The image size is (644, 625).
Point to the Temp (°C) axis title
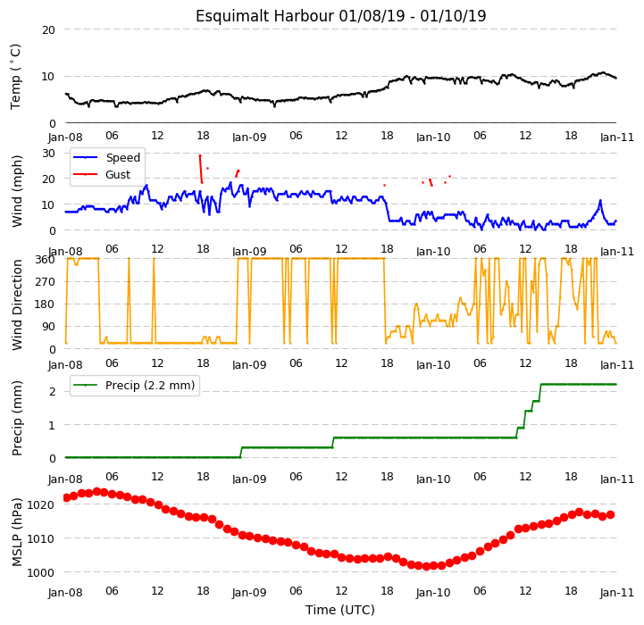pyautogui.click(x=15, y=77)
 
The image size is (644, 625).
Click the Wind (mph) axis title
pyautogui.click(x=16, y=191)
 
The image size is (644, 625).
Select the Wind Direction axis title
pyautogui.click(x=16, y=304)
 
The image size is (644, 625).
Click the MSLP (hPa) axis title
pyautogui.click(x=16, y=532)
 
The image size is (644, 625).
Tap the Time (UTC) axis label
pyautogui.click(x=340, y=610)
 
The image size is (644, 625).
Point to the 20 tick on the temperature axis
pyautogui.click(x=48, y=30)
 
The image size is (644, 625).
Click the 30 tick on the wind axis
pyautogui.click(x=48, y=154)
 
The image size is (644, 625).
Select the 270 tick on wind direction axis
pyautogui.click(x=46, y=282)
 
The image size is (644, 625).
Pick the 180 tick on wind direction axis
pyautogui.click(x=46, y=304)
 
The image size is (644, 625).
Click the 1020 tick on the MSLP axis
pyautogui.click(x=41, y=504)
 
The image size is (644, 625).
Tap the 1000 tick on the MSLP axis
pyautogui.click(x=41, y=572)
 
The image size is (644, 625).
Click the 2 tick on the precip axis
pyautogui.click(x=52, y=392)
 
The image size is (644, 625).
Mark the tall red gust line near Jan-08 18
pyautogui.click(x=201, y=169)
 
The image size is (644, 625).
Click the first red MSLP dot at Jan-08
pyautogui.click(x=66, y=497)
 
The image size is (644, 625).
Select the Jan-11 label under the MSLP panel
pyautogui.click(x=617, y=593)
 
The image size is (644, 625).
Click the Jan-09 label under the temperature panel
pyautogui.click(x=249, y=137)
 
